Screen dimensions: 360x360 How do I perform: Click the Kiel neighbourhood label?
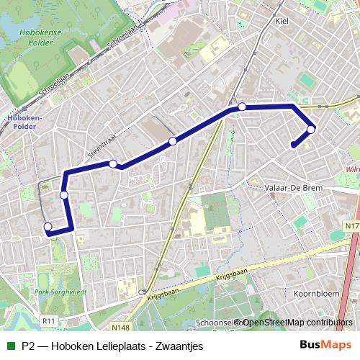[x=282, y=21]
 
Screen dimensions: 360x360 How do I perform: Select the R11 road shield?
[x=49, y=320]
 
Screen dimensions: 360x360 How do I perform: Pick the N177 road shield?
[x=351, y=227]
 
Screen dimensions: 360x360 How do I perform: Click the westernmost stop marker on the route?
[x=48, y=228]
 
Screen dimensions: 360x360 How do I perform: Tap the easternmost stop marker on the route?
[x=311, y=130]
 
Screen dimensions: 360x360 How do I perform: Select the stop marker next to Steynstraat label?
[x=113, y=164]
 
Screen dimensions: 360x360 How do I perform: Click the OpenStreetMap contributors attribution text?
[x=297, y=323]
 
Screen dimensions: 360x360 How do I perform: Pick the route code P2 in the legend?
[x=29, y=346]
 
